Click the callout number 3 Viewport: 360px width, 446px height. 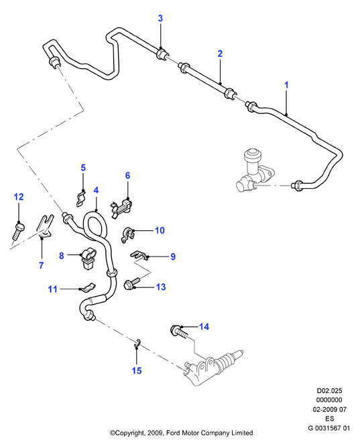160,19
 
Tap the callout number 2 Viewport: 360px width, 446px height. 220,54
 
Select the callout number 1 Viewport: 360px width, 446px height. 286,85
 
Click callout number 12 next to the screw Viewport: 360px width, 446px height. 19,196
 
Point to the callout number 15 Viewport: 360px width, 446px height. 137,370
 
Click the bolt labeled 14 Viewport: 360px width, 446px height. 179,332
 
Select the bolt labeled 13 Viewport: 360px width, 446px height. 133,283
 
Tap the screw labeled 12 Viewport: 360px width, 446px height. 17,230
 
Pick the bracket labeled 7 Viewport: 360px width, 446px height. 45,226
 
